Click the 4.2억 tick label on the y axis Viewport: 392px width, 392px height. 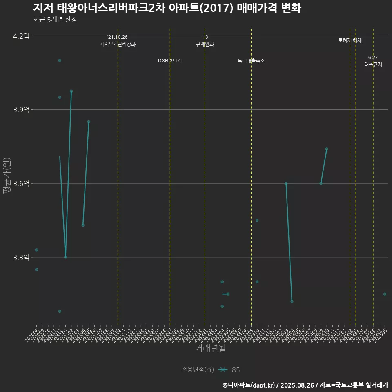click(21, 36)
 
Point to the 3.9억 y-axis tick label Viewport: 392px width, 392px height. click(21, 110)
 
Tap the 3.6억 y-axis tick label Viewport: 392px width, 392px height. click(21, 184)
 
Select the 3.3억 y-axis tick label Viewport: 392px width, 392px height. click(21, 257)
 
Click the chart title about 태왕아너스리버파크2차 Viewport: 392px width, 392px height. click(167, 8)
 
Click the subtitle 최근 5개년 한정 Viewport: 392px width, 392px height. click(55, 20)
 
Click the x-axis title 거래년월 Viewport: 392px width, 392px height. click(210, 348)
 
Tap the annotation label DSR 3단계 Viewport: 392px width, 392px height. click(170, 61)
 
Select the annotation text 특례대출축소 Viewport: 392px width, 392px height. click(251, 61)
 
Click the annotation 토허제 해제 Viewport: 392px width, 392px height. click(350, 40)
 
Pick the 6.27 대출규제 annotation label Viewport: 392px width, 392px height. click(373, 61)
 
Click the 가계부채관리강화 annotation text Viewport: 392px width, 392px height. click(118, 44)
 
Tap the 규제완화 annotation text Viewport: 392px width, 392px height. click(205, 44)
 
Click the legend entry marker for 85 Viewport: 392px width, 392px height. click(223, 370)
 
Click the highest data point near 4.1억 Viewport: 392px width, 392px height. click(60, 60)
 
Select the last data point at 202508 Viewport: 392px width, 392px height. click(385, 294)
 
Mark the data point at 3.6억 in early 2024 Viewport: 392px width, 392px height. click(286, 183)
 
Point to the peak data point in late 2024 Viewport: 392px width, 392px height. click(327, 149)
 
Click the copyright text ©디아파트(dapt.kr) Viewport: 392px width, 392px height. click(249, 385)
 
